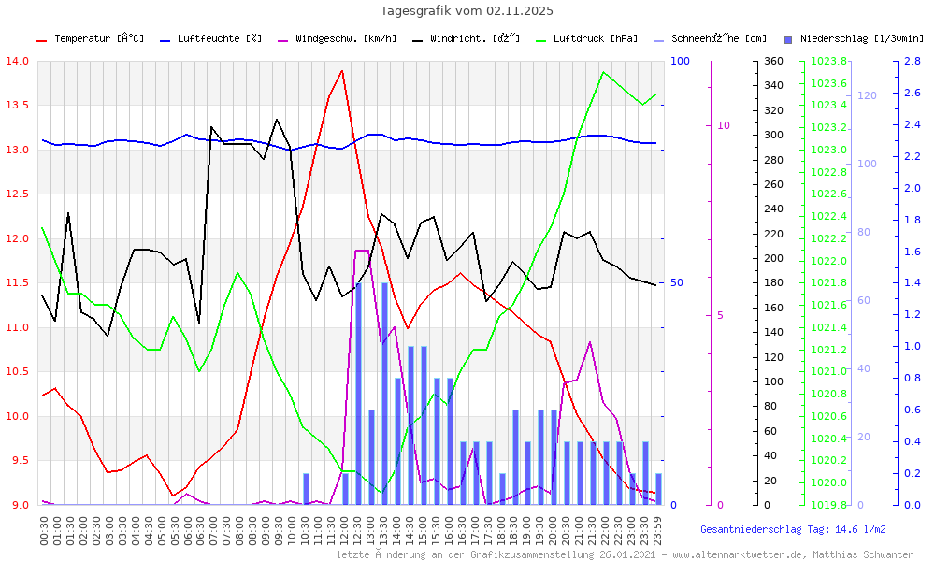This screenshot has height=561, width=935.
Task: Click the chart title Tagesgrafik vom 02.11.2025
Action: click(x=467, y=11)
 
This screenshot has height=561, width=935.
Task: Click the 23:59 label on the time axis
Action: click(x=658, y=529)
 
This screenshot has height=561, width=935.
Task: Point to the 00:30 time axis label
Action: click(x=44, y=529)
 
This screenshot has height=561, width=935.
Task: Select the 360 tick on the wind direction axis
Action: click(x=772, y=61)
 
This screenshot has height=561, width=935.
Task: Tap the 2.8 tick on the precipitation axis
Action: click(x=913, y=61)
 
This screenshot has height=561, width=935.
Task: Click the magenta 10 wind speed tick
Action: click(x=723, y=125)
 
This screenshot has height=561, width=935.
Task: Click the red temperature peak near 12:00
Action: click(x=342, y=71)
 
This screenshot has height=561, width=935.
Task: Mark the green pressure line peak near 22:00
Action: click(x=603, y=72)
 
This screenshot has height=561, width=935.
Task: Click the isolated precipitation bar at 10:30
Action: click(x=306, y=489)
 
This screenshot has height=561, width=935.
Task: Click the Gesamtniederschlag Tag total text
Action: click(x=793, y=529)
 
